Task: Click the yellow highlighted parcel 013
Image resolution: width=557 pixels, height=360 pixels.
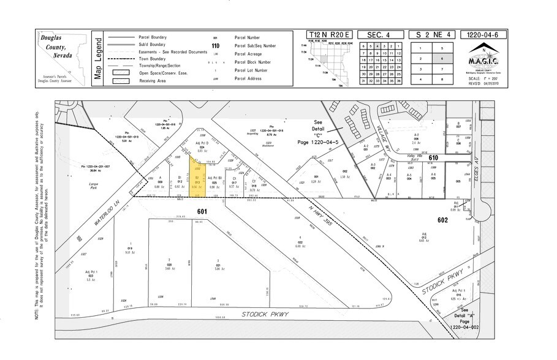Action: coord(197,182)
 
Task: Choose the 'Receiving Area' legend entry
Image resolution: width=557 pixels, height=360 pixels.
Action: coord(153,80)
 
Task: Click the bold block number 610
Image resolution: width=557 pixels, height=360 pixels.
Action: coord(434,158)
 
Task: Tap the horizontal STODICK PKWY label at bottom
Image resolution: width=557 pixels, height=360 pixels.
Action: coord(267,314)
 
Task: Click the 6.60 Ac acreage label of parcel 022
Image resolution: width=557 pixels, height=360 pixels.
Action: coord(300,246)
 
